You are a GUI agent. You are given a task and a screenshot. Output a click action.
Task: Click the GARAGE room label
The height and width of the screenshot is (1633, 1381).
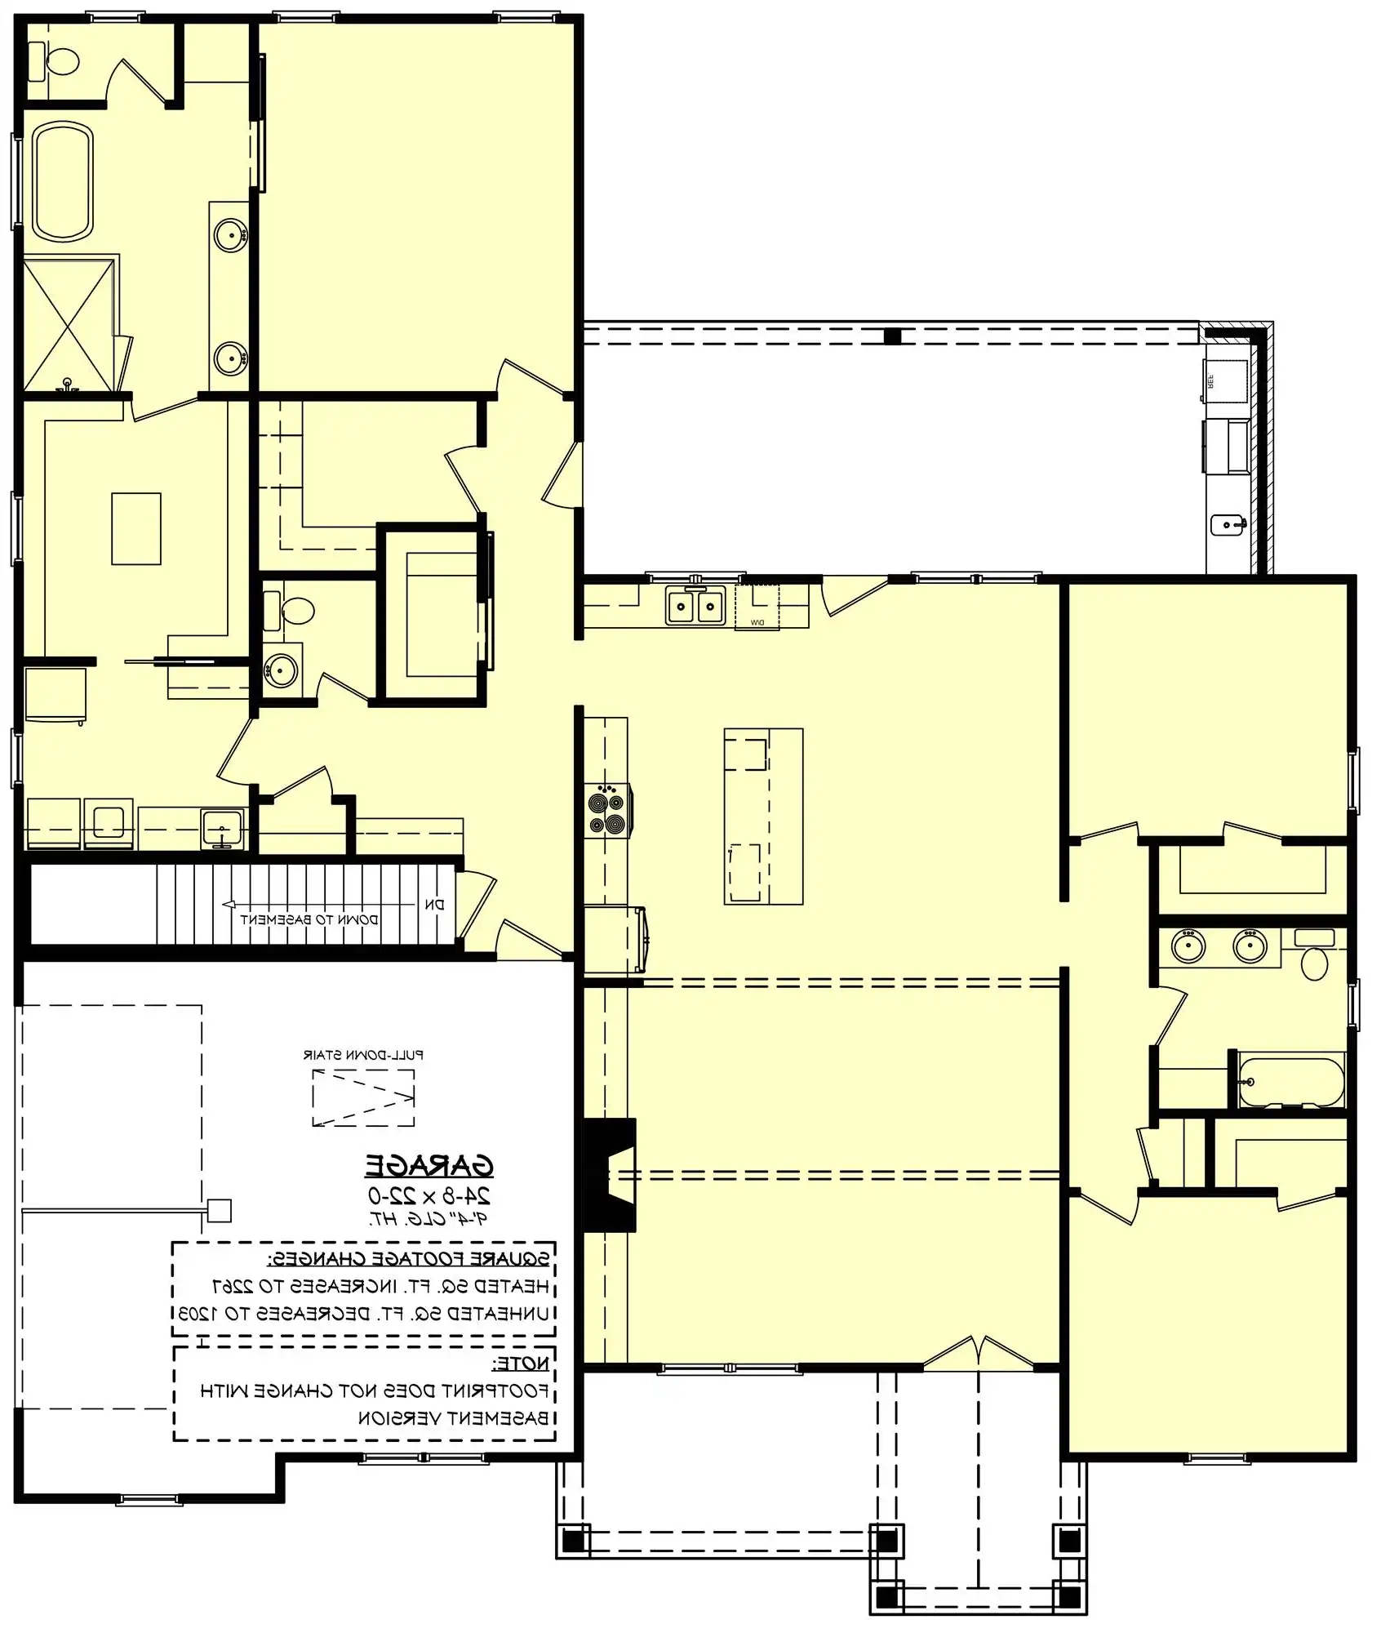point(429,1165)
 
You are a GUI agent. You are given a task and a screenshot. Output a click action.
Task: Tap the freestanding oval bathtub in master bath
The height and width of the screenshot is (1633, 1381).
point(63,180)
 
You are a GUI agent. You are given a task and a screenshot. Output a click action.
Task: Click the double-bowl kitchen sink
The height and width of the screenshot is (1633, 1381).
point(695,605)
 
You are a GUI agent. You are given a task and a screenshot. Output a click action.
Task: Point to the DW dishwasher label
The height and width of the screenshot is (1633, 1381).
point(756,623)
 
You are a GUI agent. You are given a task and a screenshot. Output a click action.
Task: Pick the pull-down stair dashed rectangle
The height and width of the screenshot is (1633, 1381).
point(363,1097)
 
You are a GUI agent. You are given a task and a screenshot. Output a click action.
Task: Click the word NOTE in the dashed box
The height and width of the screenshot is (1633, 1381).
point(521,1363)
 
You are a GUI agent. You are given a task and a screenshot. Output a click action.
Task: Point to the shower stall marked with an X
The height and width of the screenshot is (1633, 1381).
point(69,324)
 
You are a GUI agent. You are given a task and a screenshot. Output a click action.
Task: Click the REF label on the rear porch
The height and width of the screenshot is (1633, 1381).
point(1210,381)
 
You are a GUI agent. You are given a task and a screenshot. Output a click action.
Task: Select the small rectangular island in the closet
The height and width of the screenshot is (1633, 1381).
point(136,528)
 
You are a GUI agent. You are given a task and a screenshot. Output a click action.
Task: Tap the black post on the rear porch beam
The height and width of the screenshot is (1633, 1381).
point(892,336)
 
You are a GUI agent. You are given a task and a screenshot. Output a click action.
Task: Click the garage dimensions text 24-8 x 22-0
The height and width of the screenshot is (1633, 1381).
point(429,1196)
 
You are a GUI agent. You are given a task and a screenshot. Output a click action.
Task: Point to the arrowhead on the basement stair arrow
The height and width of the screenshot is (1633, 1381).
point(229,904)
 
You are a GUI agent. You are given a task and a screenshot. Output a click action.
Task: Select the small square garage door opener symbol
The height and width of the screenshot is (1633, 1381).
point(219,1210)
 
